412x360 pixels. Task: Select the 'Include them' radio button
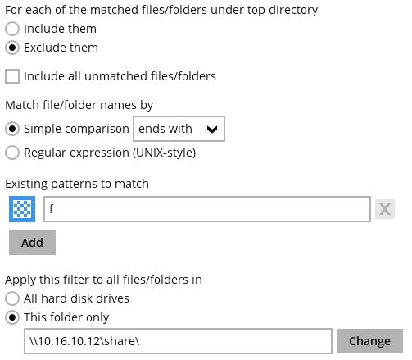[12, 29]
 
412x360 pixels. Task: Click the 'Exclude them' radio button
[12, 48]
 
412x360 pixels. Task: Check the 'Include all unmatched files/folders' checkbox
[12, 76]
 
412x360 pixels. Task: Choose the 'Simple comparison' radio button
[12, 129]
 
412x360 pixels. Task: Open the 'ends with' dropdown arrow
[212, 129]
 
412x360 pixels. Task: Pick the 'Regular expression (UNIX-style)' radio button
[12, 153]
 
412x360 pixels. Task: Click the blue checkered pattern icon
[22, 209]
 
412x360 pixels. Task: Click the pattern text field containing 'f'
[207, 209]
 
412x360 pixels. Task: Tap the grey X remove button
[385, 209]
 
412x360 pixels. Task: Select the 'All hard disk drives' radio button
[12, 298]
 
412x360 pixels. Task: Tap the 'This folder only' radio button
[12, 317]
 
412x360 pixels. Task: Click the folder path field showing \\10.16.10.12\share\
[178, 341]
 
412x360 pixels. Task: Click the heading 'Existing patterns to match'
[77, 184]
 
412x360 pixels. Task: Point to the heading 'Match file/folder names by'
[79, 105]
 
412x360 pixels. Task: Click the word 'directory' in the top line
[293, 10]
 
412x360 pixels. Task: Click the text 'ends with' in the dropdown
[165, 129]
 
